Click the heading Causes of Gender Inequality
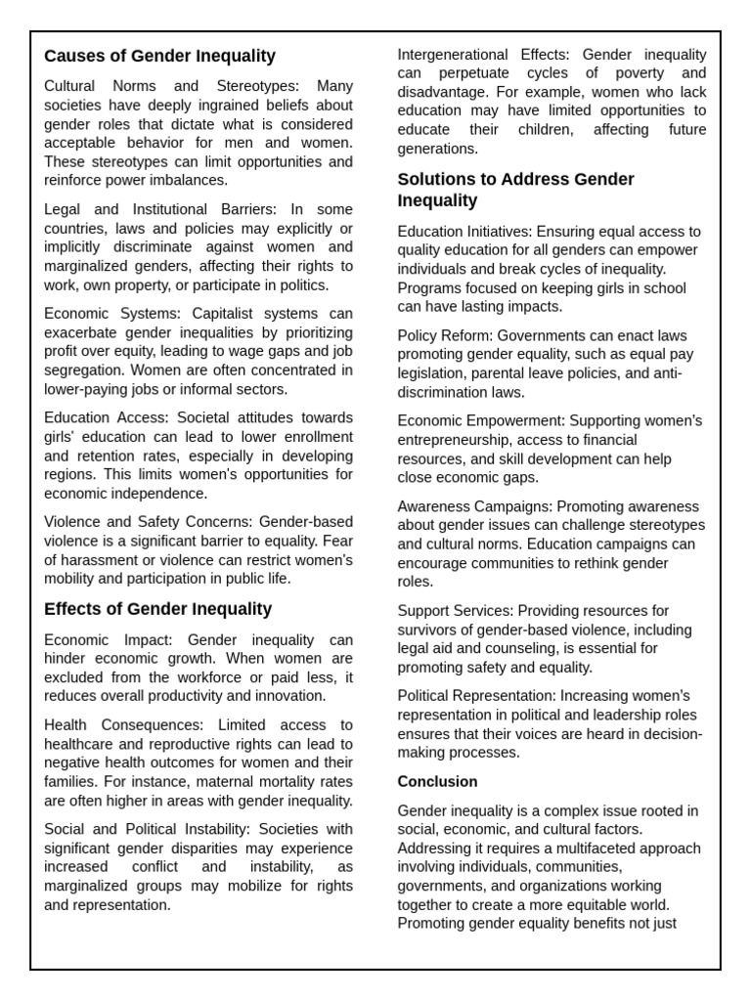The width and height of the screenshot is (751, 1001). (159, 57)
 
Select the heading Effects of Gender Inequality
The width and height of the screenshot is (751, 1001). (157, 609)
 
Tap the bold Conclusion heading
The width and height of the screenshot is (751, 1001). (437, 782)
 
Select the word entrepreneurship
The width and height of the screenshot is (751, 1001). (458, 440)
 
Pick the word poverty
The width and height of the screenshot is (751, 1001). (641, 73)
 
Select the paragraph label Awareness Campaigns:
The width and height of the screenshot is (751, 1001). (474, 506)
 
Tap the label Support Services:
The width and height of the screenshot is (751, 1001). (456, 611)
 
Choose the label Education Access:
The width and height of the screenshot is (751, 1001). (106, 418)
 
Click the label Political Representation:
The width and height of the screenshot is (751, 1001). (475, 696)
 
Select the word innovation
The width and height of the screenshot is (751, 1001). (290, 696)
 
